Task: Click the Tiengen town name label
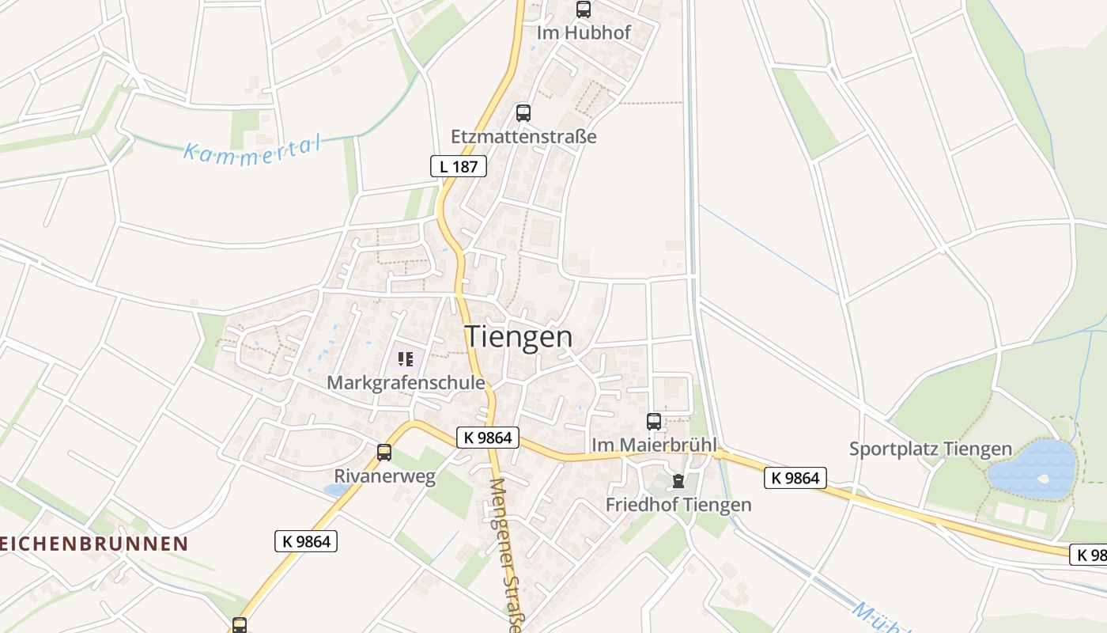pos(518,336)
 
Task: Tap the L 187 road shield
pos(458,166)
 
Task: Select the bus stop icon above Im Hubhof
pos(584,9)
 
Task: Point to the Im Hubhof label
pos(584,33)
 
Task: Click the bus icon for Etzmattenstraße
pos(523,112)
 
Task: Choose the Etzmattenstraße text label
pos(523,136)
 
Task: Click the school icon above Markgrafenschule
pos(406,360)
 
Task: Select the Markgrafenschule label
pos(406,383)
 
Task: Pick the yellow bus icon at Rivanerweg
pos(384,453)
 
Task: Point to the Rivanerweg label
pos(384,476)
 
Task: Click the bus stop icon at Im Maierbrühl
pos(654,422)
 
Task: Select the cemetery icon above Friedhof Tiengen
pos(678,480)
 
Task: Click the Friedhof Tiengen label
pos(678,504)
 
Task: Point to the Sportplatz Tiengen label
pos(930,449)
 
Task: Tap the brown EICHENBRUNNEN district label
pos(93,544)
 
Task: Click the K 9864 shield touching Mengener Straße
pos(487,438)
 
